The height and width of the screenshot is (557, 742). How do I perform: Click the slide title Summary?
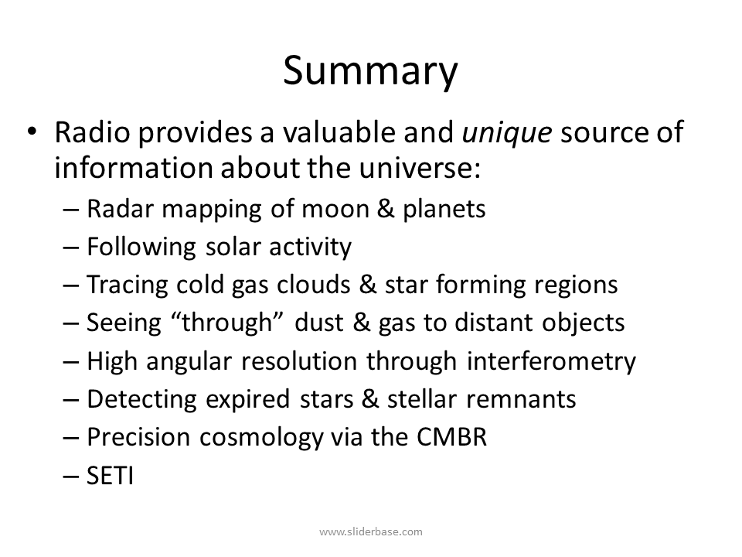(x=370, y=71)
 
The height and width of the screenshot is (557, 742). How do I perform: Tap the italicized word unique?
(x=507, y=132)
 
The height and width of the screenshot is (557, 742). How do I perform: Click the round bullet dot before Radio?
(x=32, y=131)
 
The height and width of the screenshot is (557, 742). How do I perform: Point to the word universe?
(x=419, y=168)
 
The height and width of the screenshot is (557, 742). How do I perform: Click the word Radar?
(x=121, y=209)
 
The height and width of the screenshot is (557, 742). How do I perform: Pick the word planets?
(x=444, y=210)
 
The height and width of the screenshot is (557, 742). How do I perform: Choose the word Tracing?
(x=128, y=285)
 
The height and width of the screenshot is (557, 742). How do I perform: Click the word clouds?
(x=313, y=285)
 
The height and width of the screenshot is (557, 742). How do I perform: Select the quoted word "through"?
(x=226, y=323)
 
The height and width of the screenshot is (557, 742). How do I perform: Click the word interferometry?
(x=551, y=362)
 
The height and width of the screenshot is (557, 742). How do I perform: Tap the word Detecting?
(x=141, y=400)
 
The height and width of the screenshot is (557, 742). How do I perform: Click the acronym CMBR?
(x=451, y=437)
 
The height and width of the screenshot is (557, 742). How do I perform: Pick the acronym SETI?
(x=110, y=476)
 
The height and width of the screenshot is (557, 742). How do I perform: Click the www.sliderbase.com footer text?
(x=371, y=532)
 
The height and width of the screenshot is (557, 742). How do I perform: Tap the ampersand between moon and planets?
(x=386, y=209)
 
